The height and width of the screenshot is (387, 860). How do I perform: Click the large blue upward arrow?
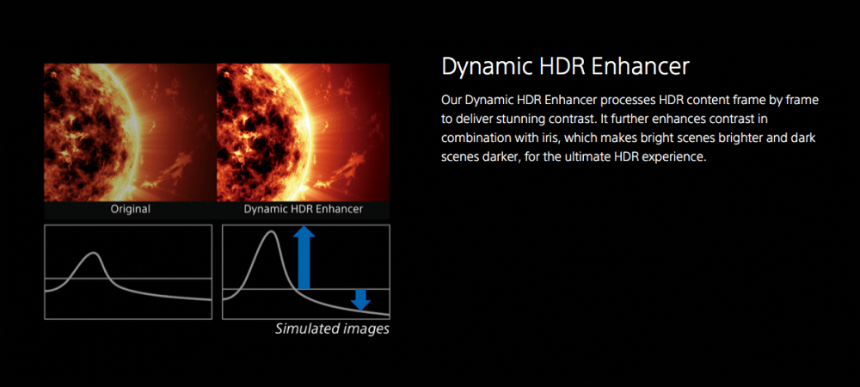[x=304, y=258]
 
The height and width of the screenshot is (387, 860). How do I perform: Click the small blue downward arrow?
[x=360, y=299]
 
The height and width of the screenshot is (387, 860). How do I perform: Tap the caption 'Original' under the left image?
[x=131, y=209]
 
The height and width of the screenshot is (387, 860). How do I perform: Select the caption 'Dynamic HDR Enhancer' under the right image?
[x=304, y=209]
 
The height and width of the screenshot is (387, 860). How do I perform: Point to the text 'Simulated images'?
[x=332, y=329]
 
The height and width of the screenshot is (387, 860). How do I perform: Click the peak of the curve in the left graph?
[x=95, y=253]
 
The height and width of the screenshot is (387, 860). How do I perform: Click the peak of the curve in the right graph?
[x=270, y=231]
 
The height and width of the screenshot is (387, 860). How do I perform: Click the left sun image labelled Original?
[x=131, y=132]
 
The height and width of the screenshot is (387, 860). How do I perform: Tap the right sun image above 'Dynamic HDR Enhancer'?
[x=304, y=132]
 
